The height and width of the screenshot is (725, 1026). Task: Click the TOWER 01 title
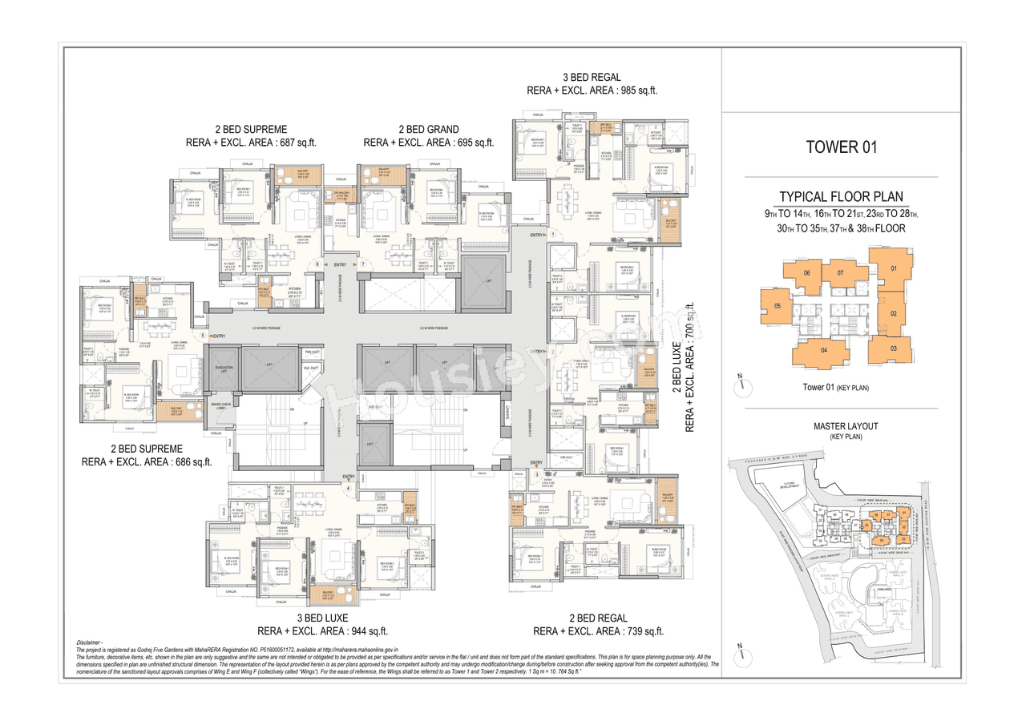(x=841, y=147)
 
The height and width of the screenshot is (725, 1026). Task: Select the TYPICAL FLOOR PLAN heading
(x=841, y=197)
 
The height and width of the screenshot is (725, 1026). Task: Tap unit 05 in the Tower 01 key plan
(x=777, y=306)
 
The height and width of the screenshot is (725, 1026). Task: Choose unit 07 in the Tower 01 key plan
(x=839, y=273)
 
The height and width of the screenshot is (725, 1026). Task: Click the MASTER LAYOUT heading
(x=841, y=426)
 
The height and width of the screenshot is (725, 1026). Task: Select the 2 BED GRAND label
(x=428, y=130)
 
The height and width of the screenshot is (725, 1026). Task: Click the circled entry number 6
(x=317, y=264)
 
